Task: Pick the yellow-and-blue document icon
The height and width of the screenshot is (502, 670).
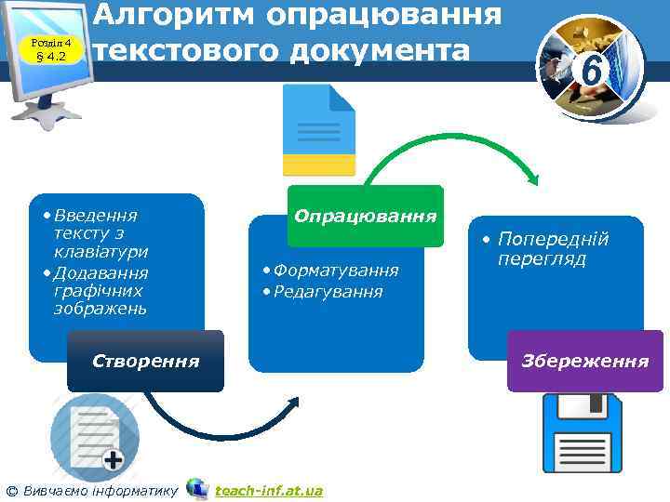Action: click(x=319, y=129)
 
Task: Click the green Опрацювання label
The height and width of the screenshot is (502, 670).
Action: click(x=365, y=216)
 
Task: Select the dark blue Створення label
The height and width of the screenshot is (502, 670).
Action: click(x=145, y=361)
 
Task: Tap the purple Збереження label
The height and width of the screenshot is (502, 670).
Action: click(x=585, y=361)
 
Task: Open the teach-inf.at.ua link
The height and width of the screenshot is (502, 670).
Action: click(x=269, y=490)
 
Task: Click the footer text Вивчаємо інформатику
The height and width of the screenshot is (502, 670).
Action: click(x=100, y=490)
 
